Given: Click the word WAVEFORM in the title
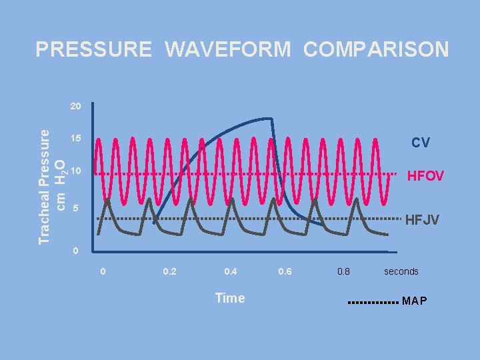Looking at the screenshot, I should pyautogui.click(x=227, y=50).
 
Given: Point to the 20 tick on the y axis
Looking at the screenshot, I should pyautogui.click(x=75, y=106).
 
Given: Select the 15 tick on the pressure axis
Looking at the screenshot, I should pyautogui.click(x=75, y=139).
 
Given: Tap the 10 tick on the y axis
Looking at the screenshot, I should pyautogui.click(x=75, y=171).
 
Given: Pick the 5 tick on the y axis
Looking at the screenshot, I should pyautogui.click(x=76, y=209).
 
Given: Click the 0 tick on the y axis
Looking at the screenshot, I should pyautogui.click(x=76, y=251).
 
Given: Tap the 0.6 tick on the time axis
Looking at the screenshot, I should pyautogui.click(x=284, y=272).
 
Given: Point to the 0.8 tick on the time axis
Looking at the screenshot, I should pyautogui.click(x=343, y=272).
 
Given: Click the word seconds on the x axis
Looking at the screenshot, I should pyautogui.click(x=401, y=272).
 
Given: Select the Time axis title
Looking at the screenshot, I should pyautogui.click(x=230, y=298).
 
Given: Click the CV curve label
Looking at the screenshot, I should pyautogui.click(x=420, y=143).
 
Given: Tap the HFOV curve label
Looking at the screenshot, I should pyautogui.click(x=425, y=176).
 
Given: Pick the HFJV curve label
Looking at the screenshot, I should pyautogui.click(x=422, y=219).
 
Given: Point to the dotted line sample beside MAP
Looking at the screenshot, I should pyautogui.click(x=374, y=302).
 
